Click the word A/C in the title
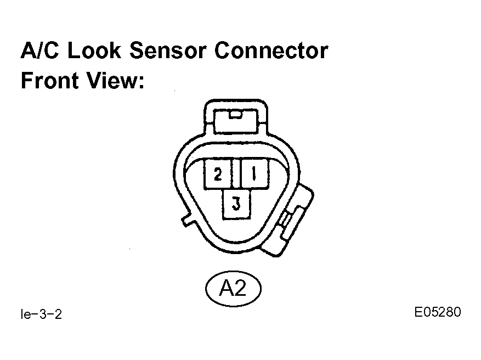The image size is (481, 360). click(40, 50)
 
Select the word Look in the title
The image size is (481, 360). click(94, 50)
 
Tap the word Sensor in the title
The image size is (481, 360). click(167, 50)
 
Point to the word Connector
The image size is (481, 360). click(271, 50)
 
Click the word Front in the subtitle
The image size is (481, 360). click(49, 80)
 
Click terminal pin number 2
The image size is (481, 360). click(218, 173)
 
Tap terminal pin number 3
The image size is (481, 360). click(236, 204)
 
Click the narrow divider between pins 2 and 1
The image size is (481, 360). click(236, 173)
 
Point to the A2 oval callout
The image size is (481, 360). click(233, 289)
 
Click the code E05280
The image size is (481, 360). click(438, 312)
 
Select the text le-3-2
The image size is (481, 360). click(42, 314)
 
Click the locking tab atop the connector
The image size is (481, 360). click(236, 117)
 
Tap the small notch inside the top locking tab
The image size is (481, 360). click(236, 115)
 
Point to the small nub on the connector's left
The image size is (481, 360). click(187, 221)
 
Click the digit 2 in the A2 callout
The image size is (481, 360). click(240, 289)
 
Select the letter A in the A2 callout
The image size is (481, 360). click(226, 289)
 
